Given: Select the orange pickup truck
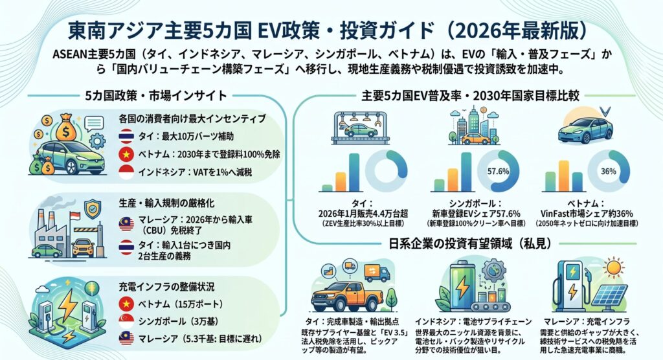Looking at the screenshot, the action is (347, 295).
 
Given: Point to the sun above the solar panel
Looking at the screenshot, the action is (614, 268).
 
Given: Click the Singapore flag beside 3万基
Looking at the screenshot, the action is (126, 322).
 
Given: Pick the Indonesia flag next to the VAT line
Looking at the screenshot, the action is (126, 172).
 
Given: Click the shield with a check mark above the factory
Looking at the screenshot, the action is (93, 208).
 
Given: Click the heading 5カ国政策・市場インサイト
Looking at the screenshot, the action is (156, 96).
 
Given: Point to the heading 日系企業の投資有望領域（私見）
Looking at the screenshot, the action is (470, 243).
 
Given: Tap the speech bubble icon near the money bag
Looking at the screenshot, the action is (93, 124).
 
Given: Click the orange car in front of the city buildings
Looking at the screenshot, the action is (476, 139).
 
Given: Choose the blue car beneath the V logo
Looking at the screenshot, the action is (585, 129).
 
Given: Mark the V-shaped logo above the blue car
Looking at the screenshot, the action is (605, 111).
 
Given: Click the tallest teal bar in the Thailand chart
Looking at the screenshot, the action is (354, 172).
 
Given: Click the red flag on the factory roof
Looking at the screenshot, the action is (74, 216).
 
